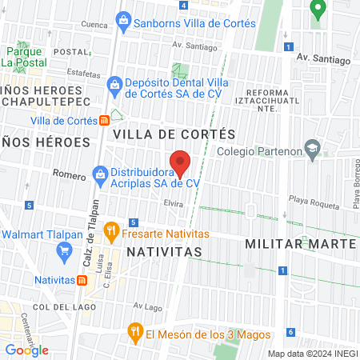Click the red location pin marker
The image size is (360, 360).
click(181, 162)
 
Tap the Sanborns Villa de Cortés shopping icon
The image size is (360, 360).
click(122, 18)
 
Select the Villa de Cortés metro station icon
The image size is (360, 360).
click(105, 120)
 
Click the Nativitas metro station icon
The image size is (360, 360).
click(82, 280)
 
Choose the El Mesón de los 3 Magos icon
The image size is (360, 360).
click(137, 334)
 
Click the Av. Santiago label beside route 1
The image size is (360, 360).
click(323, 60)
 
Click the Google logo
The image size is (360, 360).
click(26, 350)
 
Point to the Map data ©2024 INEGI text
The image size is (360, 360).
click(312, 354)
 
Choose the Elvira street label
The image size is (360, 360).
click(174, 205)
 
